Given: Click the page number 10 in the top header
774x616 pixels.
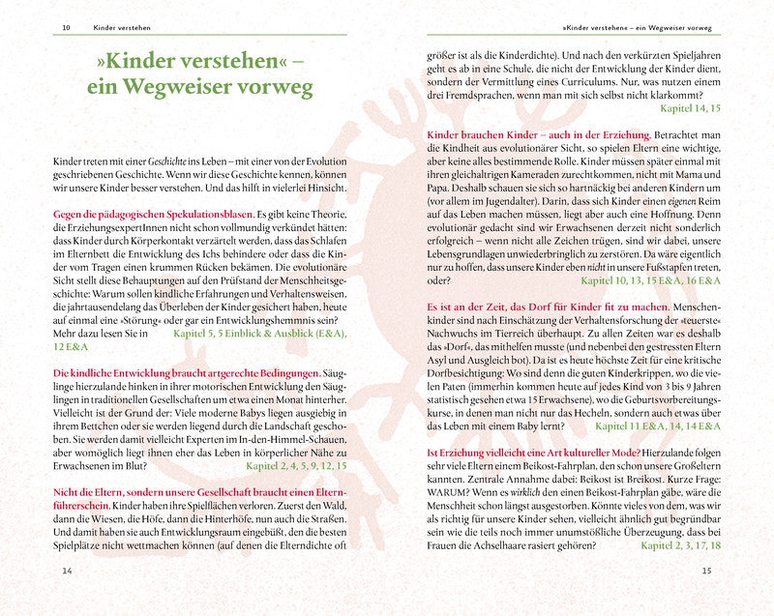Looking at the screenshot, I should [x=65, y=28].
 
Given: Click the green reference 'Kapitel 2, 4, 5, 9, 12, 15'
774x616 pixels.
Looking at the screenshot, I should [x=296, y=465].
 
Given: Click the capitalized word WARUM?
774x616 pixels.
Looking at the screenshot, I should [x=449, y=483].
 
